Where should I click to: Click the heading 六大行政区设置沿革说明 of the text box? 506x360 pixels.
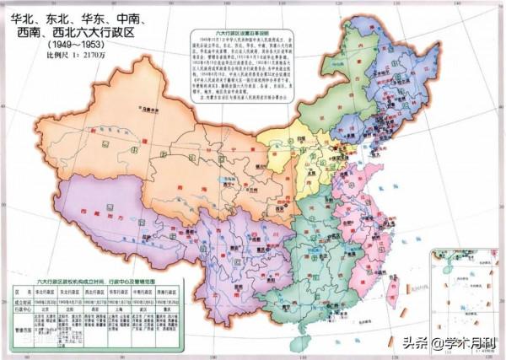[254, 30]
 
